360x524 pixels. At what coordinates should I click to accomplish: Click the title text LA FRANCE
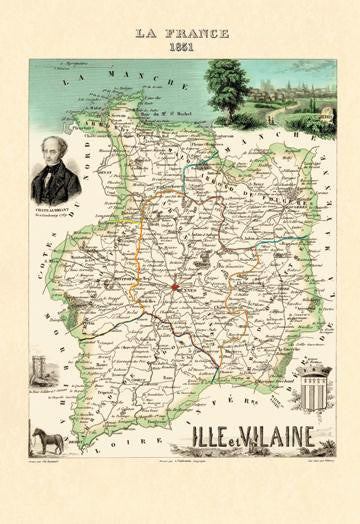(x=181, y=33)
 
